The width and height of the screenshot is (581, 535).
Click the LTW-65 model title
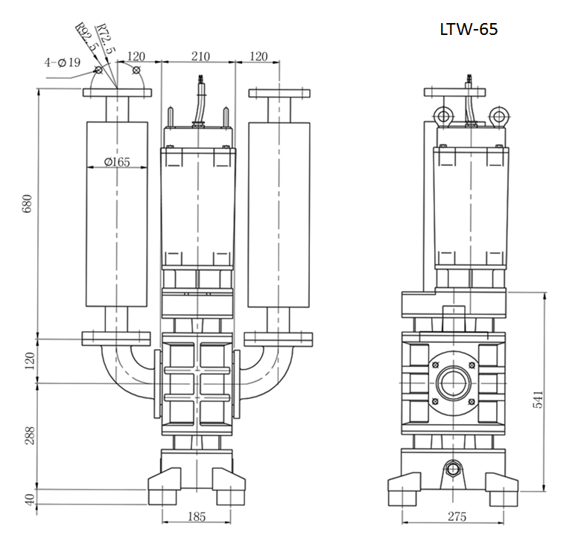(469, 30)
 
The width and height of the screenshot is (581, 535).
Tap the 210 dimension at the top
(200, 57)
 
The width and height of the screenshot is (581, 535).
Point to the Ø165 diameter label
(117, 161)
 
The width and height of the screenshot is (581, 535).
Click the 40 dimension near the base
(28, 501)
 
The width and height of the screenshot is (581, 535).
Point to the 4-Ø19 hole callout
(63, 63)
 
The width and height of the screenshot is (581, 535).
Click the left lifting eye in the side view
(444, 115)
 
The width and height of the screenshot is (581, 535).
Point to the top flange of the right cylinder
(279, 93)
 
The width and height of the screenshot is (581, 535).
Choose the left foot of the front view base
(165, 487)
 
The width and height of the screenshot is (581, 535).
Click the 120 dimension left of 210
(136, 57)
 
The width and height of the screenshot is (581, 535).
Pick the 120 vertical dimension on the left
(28, 361)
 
